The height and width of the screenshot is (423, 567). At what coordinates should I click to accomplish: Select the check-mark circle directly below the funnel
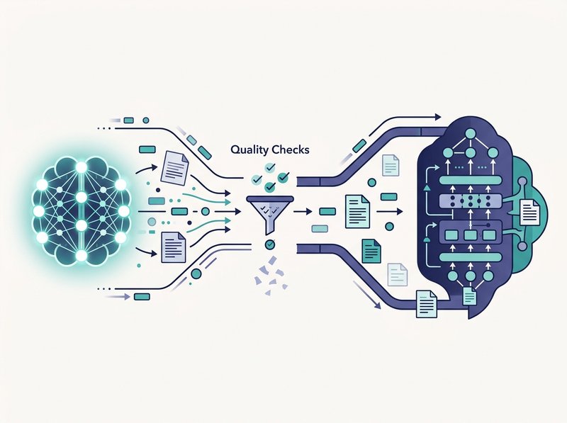270,244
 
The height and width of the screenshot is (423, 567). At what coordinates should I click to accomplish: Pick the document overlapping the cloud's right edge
529,213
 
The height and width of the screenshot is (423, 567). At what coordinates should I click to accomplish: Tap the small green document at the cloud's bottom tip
470,296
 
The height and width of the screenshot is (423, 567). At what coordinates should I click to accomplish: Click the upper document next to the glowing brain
174,167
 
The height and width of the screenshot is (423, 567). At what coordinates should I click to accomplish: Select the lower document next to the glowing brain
174,247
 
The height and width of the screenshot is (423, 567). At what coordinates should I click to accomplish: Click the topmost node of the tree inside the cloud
470,133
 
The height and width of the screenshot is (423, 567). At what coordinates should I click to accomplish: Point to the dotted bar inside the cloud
470,200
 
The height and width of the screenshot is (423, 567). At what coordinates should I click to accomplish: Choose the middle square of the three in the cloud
470,235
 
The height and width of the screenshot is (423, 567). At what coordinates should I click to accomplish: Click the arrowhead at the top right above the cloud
438,117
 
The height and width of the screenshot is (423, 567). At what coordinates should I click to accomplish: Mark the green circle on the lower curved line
196,273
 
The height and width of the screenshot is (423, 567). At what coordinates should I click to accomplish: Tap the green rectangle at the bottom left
142,297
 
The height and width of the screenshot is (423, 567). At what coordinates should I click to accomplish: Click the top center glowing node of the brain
82,167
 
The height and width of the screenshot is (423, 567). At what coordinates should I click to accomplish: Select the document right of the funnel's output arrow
358,211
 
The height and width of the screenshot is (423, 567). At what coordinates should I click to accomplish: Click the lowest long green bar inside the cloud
470,257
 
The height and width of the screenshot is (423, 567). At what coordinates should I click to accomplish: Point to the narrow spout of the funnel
270,227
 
